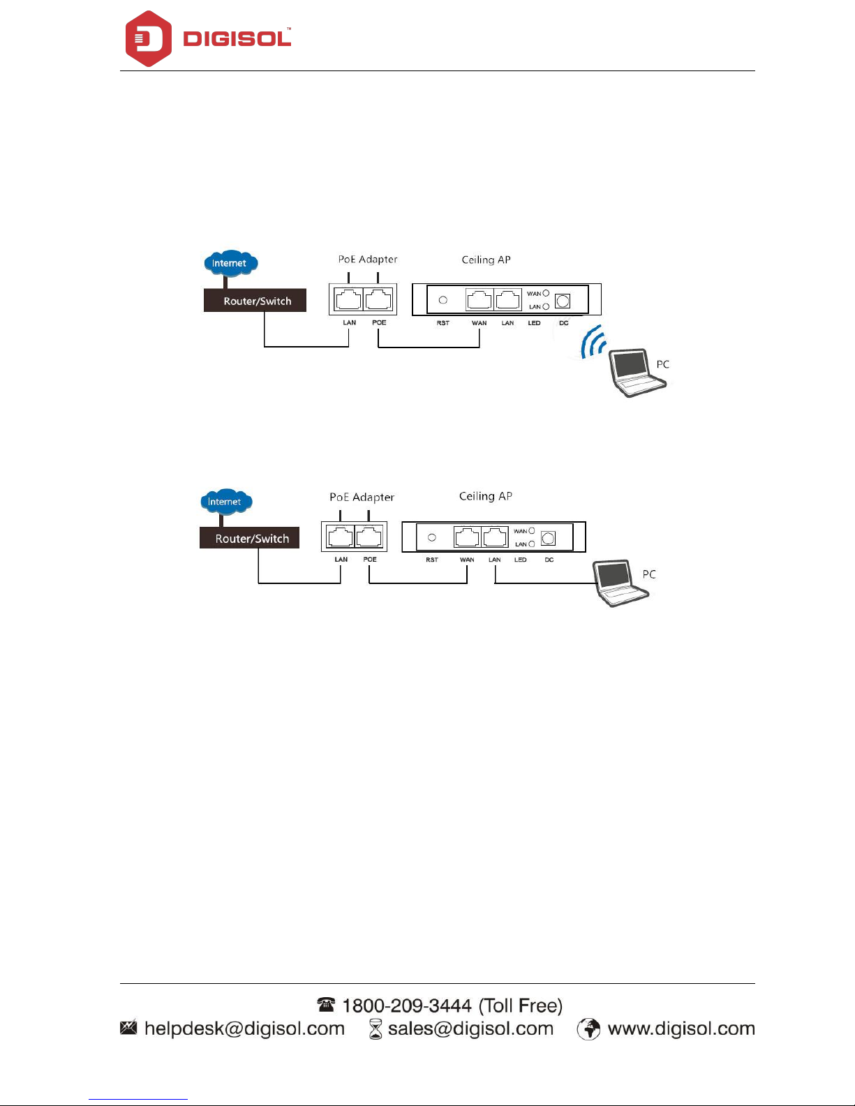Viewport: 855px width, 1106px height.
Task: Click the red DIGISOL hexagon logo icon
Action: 148,39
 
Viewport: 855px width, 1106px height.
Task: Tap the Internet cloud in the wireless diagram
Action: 230,263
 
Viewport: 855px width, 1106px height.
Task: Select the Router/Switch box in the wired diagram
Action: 250,538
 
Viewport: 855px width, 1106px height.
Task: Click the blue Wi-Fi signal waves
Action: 593,342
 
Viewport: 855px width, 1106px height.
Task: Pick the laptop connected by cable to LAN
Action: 620,583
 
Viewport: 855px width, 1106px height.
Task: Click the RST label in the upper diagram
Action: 443,323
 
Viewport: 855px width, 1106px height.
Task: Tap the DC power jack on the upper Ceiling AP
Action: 563,301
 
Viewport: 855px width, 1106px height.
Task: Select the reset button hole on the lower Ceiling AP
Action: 432,537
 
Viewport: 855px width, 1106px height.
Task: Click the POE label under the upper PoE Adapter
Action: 379,322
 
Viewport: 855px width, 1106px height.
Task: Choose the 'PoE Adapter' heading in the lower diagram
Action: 362,497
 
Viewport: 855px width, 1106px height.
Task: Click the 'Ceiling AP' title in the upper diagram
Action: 486,260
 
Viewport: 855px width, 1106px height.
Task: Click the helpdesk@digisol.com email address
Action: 244,1029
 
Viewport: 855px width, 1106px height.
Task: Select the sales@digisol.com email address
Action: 470,1029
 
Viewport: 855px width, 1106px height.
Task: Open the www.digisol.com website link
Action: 681,1029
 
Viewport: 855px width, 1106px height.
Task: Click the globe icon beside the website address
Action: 588,1029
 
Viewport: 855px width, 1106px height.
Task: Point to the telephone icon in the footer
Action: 326,1005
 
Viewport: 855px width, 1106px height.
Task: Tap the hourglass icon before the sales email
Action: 376,1029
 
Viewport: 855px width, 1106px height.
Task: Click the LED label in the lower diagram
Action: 521,560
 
